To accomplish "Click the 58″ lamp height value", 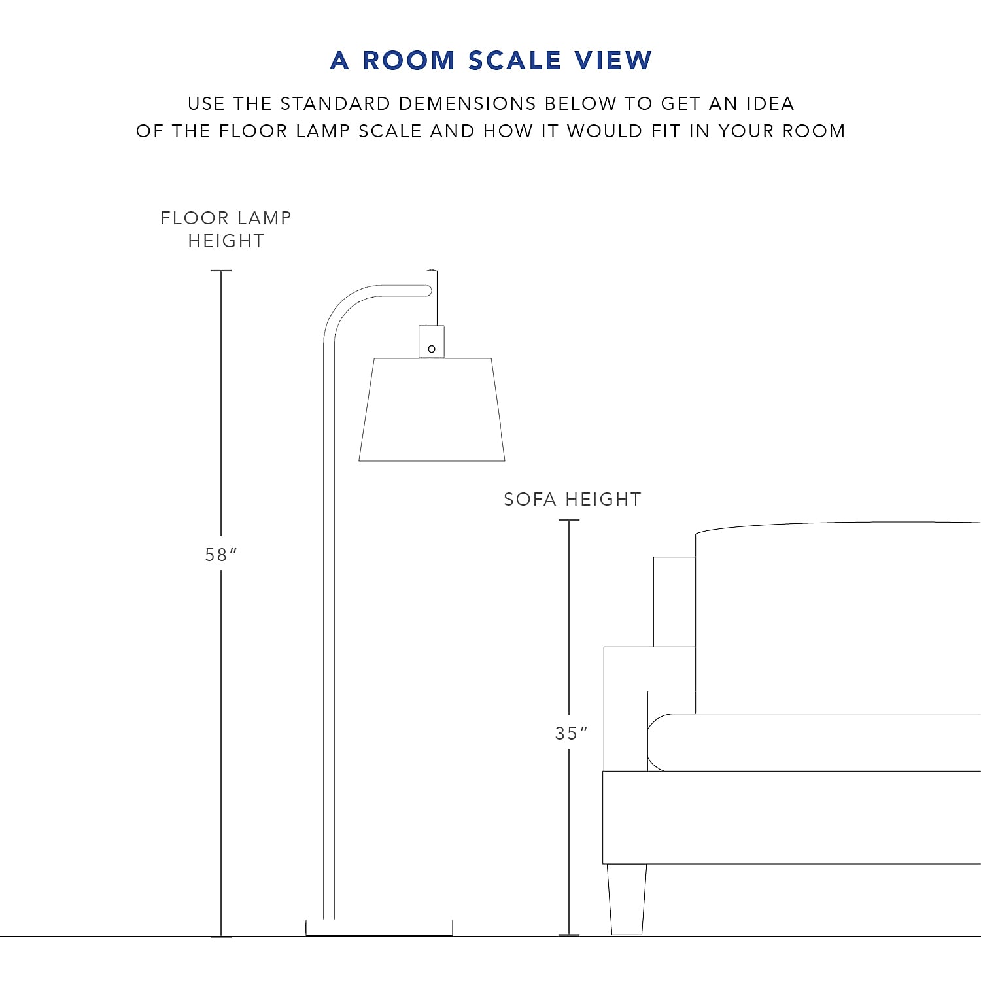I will (x=220, y=555).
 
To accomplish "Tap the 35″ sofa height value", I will (x=570, y=733).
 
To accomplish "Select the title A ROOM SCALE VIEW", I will (x=490, y=60).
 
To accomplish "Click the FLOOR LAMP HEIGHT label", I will (x=226, y=229).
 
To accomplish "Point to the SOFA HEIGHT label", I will (x=572, y=499).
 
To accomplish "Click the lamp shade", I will (x=432, y=410).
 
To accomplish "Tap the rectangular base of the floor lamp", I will (x=379, y=927).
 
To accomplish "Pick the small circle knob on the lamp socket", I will (x=432, y=349).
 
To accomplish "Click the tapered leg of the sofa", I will (x=627, y=899).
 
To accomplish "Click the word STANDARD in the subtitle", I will (x=336, y=103).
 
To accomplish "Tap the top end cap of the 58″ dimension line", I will (x=221, y=271).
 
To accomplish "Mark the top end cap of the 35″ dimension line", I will (x=569, y=521).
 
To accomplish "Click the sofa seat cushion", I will (x=817, y=742).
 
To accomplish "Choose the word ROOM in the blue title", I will (x=409, y=60).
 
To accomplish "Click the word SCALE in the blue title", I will (x=515, y=60).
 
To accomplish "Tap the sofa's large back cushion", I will (x=837, y=618).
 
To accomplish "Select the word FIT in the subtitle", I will (x=666, y=131).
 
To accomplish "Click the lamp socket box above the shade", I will (x=432, y=341).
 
